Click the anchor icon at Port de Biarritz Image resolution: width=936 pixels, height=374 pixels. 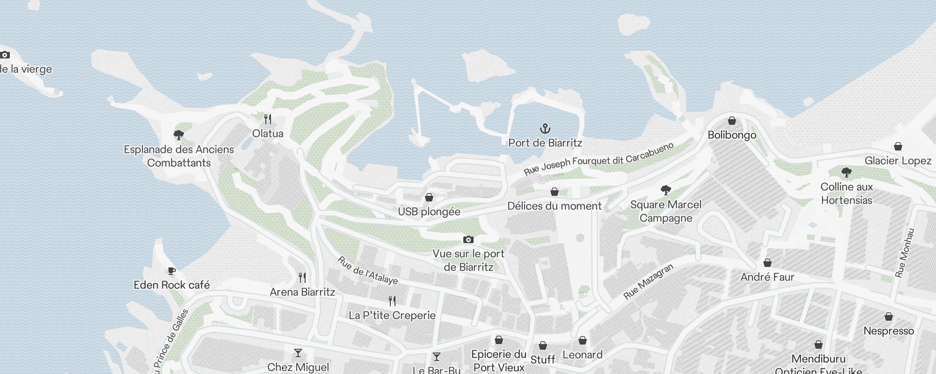pos(545,129)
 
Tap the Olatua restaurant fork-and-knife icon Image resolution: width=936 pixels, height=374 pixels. pos(268,119)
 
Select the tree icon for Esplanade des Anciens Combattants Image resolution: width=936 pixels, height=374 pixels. pos(178,135)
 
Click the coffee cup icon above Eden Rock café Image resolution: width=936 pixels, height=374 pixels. pos(172,271)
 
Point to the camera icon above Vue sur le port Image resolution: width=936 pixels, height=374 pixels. pos(468,239)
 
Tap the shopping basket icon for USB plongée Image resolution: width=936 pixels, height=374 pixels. pos(429,197)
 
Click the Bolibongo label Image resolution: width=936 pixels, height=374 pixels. pos(732,135)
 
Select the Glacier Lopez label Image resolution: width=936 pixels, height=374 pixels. pos(898,161)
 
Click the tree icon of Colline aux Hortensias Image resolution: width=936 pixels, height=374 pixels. pos(846,173)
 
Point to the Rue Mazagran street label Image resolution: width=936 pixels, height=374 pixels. pos(648,281)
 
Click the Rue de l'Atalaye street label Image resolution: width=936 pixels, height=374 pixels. pos(367,270)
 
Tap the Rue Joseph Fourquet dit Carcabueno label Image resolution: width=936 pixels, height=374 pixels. pos(599,159)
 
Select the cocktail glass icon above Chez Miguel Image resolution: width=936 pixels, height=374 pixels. pos(298,353)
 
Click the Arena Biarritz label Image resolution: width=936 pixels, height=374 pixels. pos(302,292)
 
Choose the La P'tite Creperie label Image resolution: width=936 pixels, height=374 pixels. pos(392,316)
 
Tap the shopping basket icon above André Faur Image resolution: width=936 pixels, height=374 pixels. pos(767,263)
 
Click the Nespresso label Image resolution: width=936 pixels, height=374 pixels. pos(888,331)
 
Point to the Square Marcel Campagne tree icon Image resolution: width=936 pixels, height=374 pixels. pos(665,190)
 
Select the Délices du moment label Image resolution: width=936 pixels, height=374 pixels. pos(555,206)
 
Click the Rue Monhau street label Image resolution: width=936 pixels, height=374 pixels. pos(904,253)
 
